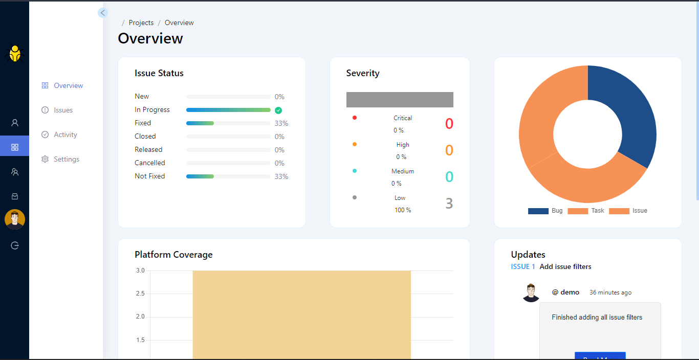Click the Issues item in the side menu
coord(63,110)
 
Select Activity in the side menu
coord(65,134)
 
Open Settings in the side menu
coord(66,159)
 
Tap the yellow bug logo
coord(15,54)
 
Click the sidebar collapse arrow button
coord(103,13)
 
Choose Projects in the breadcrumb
coord(141,22)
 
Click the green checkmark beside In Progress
coord(278,110)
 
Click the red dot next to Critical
coord(355,118)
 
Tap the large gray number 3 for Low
coord(449,204)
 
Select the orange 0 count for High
coord(449,150)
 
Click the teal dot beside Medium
coord(355,171)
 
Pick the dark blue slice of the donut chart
coord(629,112)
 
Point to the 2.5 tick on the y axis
coord(140,294)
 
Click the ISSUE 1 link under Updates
coord(523,266)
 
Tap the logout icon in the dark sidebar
coord(15,245)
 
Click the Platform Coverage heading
coord(173,255)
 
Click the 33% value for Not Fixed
coord(281,176)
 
